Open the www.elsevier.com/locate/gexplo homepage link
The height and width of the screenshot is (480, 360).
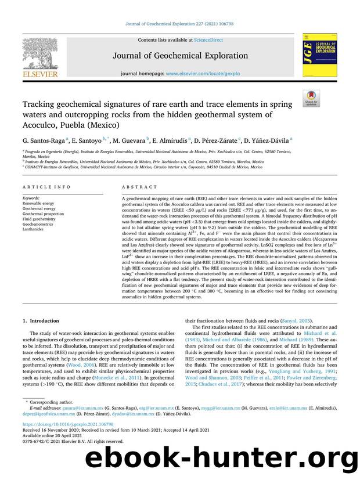coord(208,74)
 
